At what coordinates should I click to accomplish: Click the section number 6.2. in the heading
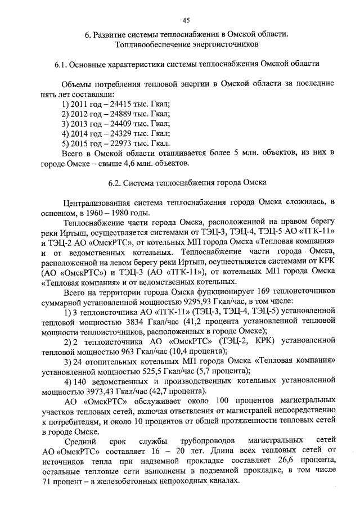114,182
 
